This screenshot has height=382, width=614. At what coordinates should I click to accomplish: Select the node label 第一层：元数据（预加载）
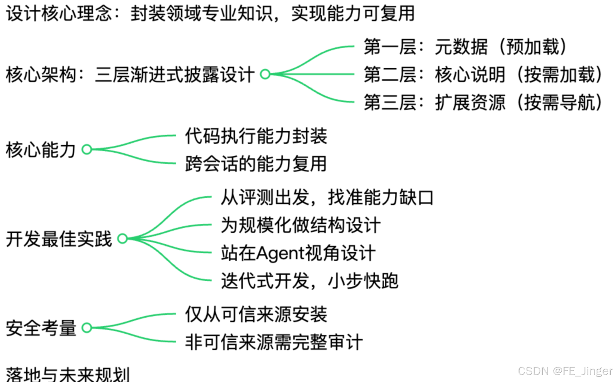pyautogui.click(x=465, y=47)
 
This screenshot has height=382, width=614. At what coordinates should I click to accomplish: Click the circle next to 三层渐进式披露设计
pyautogui.click(x=265, y=74)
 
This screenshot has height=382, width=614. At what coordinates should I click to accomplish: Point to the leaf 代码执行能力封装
pyautogui.click(x=256, y=136)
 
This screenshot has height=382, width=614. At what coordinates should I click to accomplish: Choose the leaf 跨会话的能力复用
pyautogui.click(x=256, y=164)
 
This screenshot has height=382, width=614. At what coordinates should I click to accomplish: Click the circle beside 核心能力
pyautogui.click(x=87, y=149)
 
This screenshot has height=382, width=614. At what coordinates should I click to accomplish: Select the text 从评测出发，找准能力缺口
pyautogui.click(x=327, y=197)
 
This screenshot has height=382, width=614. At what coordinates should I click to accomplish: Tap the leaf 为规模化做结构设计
pyautogui.click(x=301, y=225)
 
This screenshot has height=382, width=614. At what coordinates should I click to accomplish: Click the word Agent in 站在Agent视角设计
pyautogui.click(x=279, y=253)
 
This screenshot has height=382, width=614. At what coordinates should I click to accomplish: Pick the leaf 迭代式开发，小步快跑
pyautogui.click(x=310, y=281)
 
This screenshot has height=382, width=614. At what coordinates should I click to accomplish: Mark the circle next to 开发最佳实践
pyautogui.click(x=123, y=239)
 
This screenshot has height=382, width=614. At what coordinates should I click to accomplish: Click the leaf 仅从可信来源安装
pyautogui.click(x=256, y=314)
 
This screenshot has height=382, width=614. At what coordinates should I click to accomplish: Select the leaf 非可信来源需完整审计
pyautogui.click(x=274, y=342)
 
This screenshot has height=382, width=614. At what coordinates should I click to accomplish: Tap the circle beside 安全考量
pyautogui.click(x=87, y=328)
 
